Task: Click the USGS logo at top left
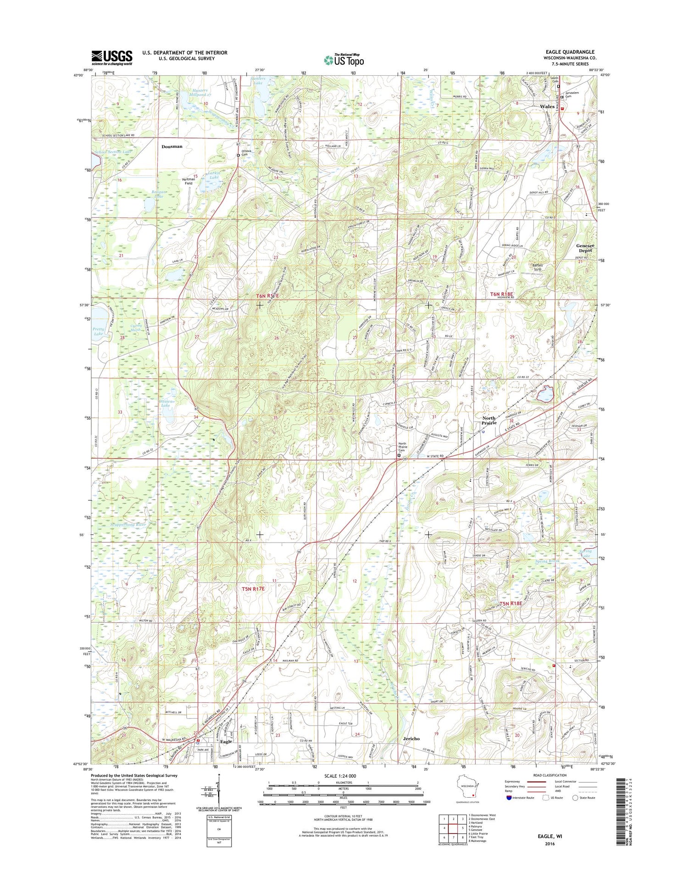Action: point(112,57)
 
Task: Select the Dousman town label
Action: point(172,146)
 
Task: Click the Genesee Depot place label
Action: point(585,249)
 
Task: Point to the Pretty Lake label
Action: point(99,331)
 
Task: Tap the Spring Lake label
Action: point(586,553)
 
